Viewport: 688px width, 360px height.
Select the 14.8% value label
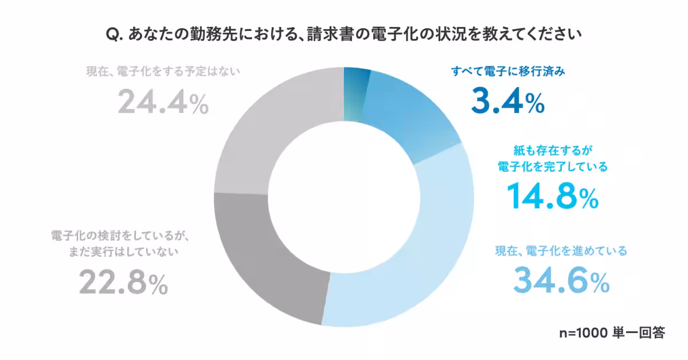(552, 196)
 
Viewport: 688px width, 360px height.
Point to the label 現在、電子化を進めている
(561, 251)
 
